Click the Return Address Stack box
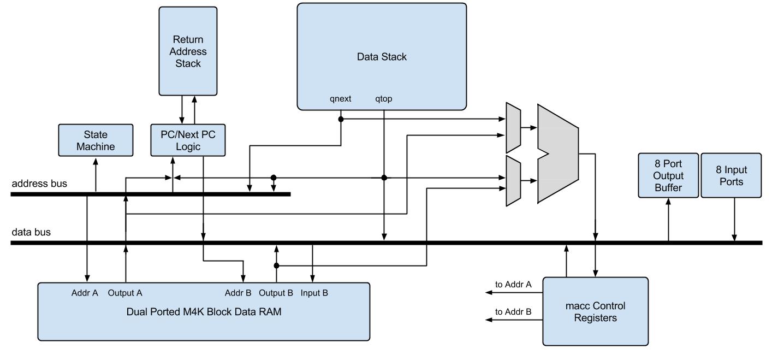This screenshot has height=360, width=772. [x=188, y=51]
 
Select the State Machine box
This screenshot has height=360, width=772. [x=96, y=140]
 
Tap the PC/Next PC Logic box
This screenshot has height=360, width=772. [x=188, y=140]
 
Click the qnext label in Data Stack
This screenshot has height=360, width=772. [x=340, y=99]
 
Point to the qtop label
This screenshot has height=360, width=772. [x=384, y=99]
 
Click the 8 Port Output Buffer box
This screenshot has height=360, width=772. [x=668, y=175]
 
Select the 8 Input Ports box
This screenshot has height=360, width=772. [x=732, y=175]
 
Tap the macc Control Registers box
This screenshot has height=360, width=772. [x=596, y=311]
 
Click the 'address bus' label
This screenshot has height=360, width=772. [x=39, y=184]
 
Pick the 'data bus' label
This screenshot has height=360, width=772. [x=31, y=232]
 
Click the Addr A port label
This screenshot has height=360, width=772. [x=85, y=293]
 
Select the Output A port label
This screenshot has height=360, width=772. [x=125, y=293]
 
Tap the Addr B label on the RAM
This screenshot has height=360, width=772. [x=238, y=293]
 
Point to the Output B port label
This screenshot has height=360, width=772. [x=276, y=293]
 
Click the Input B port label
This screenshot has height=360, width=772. [x=314, y=293]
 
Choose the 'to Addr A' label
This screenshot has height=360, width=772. [x=513, y=285]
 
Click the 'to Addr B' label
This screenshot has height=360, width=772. [x=513, y=312]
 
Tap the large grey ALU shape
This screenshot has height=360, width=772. [x=558, y=154]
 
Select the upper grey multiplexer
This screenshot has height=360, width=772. [x=513, y=128]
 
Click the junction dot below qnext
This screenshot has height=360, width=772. [x=341, y=119]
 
